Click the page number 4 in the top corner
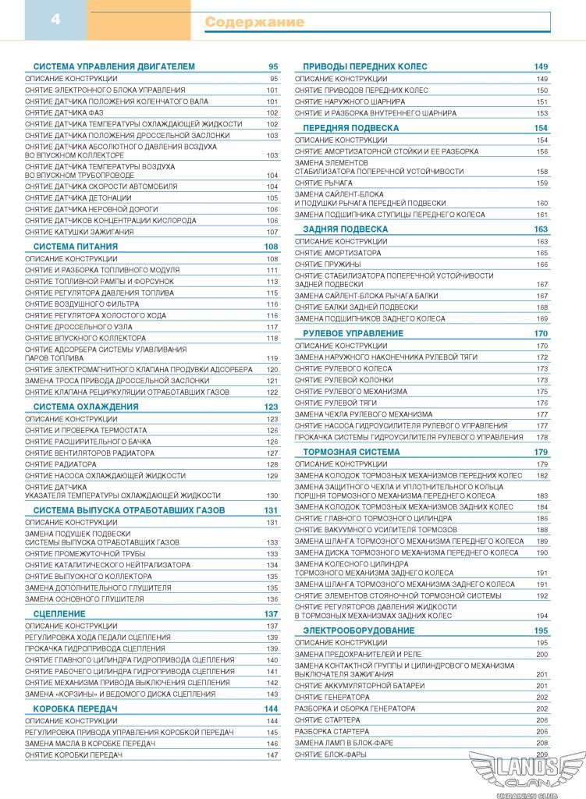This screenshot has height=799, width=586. tap(55, 20)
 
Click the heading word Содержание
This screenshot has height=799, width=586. tap(254, 23)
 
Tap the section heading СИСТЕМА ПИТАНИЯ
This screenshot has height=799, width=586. tap(76, 247)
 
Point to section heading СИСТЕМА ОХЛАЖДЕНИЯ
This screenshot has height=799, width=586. tap(86, 407)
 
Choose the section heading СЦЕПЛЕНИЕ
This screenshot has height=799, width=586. tap(59, 614)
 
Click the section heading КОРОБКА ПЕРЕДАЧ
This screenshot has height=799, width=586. tap(75, 708)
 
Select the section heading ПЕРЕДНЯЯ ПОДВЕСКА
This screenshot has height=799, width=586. tap(350, 128)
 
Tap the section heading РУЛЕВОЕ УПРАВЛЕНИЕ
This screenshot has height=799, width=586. tap(353, 333)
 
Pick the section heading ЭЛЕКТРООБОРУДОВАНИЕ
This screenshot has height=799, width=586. tap(358, 630)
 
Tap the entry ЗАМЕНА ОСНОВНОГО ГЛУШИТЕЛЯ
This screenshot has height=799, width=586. tap(84, 599)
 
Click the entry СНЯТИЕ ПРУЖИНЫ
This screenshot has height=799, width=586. tap(327, 265)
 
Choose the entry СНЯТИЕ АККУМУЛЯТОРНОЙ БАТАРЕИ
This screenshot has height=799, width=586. tap(360, 686)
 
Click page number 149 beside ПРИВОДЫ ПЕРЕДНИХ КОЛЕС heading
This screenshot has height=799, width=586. tap(541, 66)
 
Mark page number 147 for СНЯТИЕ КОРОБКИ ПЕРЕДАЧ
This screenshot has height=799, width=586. tap(272, 755)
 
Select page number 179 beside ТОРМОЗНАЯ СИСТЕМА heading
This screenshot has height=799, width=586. tap(541, 452)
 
